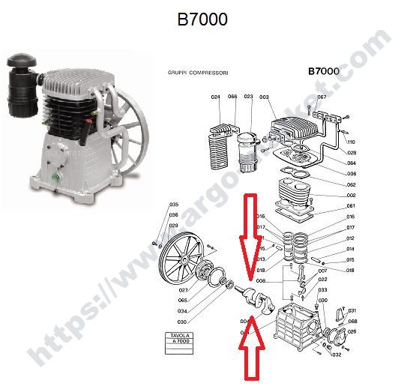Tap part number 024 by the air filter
pos(215,97)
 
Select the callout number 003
pos(264,97)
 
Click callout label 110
pos(350,142)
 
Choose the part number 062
pos(351,184)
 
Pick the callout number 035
pos(173,205)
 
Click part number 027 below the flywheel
pos(184,289)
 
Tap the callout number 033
pos(323,289)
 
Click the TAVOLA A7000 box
pos(178,339)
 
